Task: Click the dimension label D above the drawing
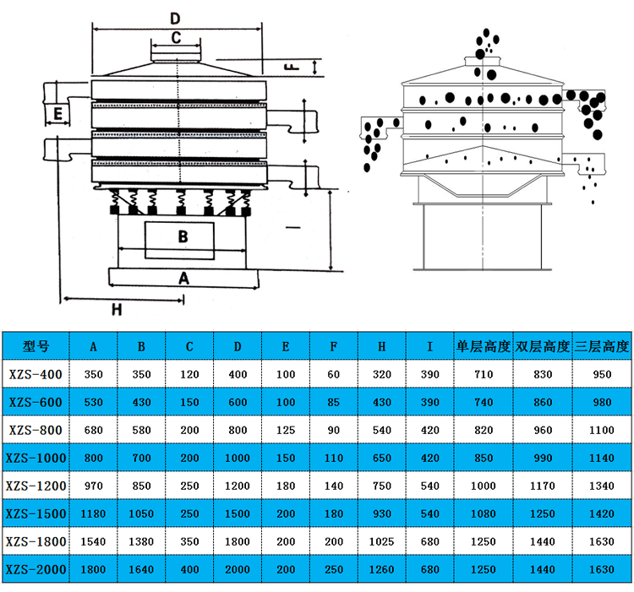tap(175, 18)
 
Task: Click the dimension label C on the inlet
tap(176, 37)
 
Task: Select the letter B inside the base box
tap(182, 237)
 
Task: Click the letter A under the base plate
tap(183, 276)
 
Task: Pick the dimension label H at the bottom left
tap(117, 309)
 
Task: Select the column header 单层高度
tap(484, 346)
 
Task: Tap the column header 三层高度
tap(603, 346)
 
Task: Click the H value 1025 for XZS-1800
tap(382, 541)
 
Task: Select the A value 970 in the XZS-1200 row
tap(93, 486)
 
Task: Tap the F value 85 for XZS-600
tap(333, 402)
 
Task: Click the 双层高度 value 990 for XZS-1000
tap(543, 458)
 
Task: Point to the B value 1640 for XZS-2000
tap(141, 569)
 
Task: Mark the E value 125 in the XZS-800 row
tap(286, 430)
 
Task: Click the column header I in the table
tap(429, 346)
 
